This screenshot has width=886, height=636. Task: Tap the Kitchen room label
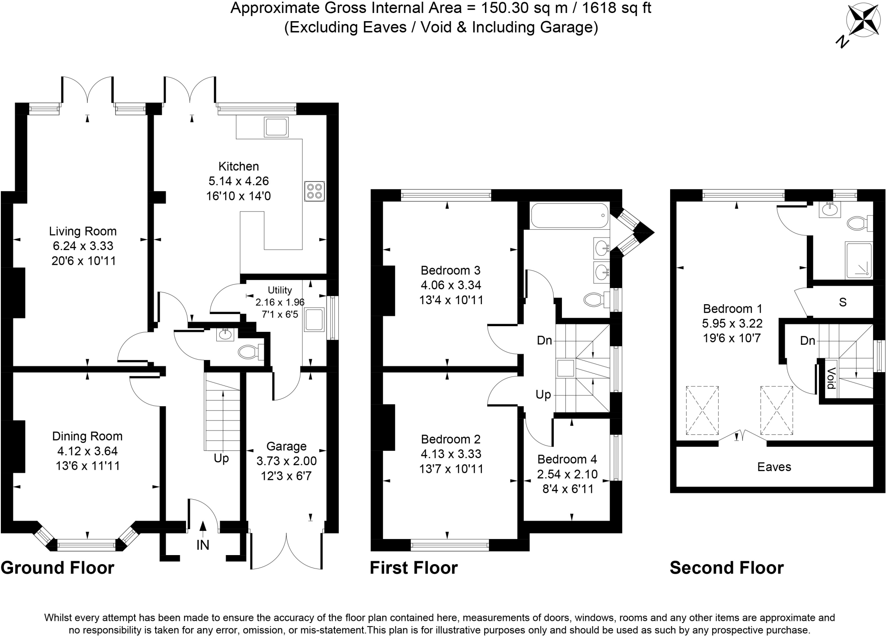click(x=238, y=167)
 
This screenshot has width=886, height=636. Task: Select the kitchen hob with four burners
click(x=315, y=191)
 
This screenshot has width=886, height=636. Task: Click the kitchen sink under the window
click(x=276, y=127)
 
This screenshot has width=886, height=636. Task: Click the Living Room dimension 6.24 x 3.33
click(x=83, y=246)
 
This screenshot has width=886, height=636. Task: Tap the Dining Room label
click(x=87, y=436)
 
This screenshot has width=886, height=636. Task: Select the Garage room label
click(x=286, y=446)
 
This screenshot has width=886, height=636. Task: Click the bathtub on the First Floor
click(x=570, y=215)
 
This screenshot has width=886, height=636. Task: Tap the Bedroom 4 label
click(x=567, y=459)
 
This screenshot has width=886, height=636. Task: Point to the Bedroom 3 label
click(x=450, y=270)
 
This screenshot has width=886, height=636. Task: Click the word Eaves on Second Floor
click(x=774, y=467)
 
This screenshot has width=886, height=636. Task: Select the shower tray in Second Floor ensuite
click(x=859, y=260)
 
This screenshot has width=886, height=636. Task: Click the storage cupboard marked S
click(x=842, y=302)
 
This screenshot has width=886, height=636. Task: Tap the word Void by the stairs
click(x=831, y=378)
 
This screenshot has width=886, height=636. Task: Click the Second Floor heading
click(x=726, y=568)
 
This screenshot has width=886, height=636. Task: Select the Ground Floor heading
click(x=58, y=568)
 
